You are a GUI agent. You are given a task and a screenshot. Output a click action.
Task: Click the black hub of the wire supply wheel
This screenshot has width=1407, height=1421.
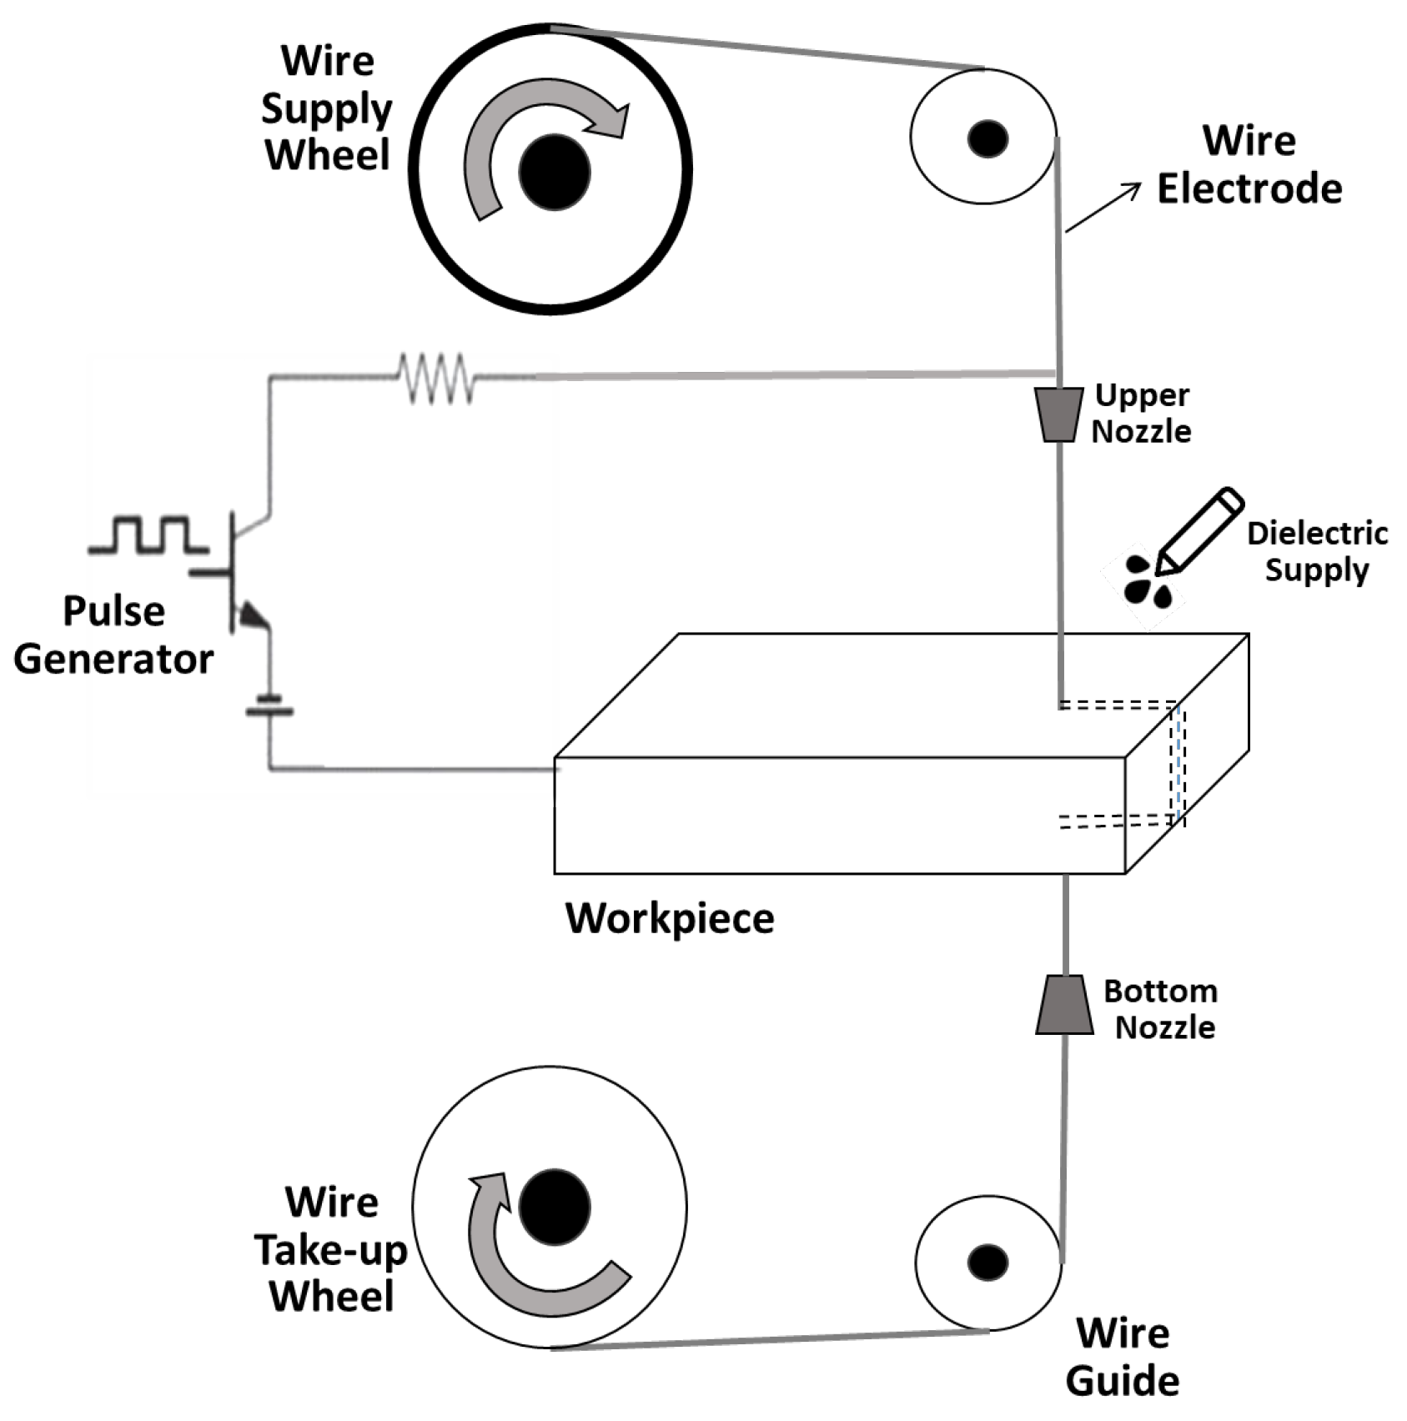click(554, 172)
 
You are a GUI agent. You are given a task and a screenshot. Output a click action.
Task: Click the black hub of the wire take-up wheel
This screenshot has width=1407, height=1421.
click(554, 1207)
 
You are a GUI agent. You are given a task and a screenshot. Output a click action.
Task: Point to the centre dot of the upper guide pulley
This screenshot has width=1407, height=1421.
click(987, 138)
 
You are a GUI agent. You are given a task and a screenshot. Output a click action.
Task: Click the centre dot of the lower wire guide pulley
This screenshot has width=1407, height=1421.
click(987, 1263)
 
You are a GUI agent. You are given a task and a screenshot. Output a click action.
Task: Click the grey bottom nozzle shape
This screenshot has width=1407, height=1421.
click(1064, 1005)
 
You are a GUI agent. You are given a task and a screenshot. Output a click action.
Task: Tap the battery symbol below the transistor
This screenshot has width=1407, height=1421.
click(269, 705)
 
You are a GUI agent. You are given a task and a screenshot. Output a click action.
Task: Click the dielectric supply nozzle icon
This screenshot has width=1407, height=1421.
click(1199, 530)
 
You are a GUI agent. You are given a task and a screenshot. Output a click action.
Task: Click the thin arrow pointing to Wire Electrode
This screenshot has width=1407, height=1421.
click(1103, 208)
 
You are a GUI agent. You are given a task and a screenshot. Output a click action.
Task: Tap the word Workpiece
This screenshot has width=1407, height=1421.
click(670, 918)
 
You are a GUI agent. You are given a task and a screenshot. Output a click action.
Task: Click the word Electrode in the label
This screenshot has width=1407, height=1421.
click(1249, 188)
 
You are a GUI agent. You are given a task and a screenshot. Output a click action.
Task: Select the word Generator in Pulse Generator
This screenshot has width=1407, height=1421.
click(113, 659)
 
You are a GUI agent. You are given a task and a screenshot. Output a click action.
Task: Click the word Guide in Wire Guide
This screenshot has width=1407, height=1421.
click(1122, 1381)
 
